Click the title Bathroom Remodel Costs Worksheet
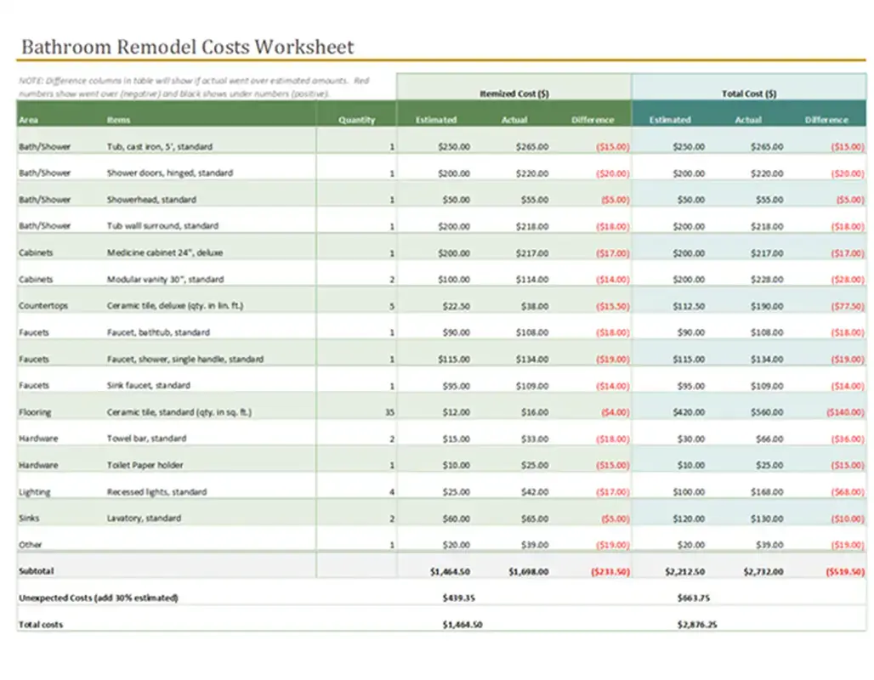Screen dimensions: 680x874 (x=187, y=47)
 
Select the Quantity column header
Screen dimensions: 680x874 (x=356, y=120)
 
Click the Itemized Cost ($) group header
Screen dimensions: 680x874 (x=514, y=93)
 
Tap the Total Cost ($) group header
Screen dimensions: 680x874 (x=748, y=93)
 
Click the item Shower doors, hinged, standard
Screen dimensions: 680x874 (x=170, y=173)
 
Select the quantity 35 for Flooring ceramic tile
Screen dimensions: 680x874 (x=389, y=412)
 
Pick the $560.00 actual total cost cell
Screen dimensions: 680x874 (x=766, y=412)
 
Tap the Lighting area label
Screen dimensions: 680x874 (x=34, y=492)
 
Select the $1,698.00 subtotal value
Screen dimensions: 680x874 (x=528, y=572)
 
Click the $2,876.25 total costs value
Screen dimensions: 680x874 (x=696, y=625)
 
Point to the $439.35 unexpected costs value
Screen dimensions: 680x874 (x=458, y=598)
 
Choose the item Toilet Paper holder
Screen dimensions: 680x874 (x=145, y=465)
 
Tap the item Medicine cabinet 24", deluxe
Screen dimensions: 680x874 (x=165, y=252)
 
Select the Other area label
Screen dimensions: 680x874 (x=31, y=544)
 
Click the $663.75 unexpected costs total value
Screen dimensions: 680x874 (x=694, y=598)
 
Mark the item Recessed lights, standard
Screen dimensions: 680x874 (x=156, y=492)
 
